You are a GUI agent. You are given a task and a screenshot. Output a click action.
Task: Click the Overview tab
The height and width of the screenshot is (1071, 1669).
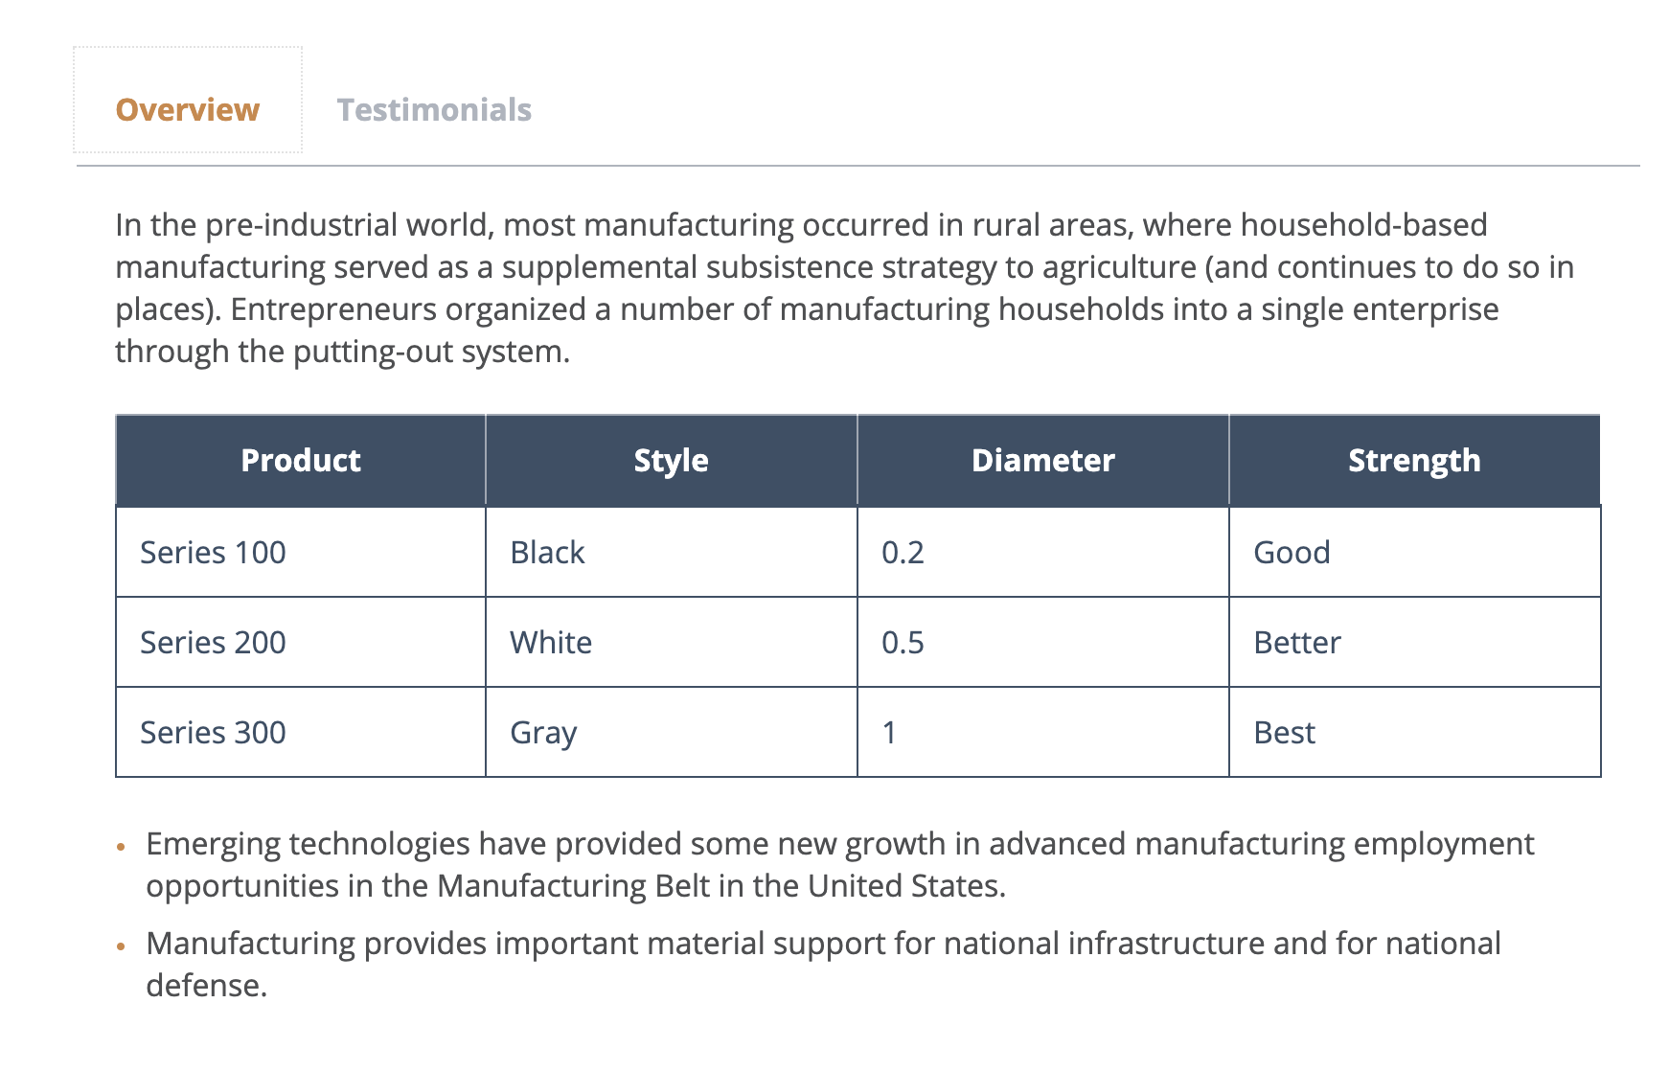(x=188, y=109)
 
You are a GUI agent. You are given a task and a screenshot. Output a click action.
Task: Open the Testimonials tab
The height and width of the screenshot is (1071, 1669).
(x=434, y=109)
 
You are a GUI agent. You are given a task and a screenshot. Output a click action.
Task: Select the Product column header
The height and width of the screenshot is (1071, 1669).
(x=301, y=461)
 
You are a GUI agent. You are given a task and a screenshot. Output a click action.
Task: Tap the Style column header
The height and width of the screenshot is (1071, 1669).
(x=672, y=461)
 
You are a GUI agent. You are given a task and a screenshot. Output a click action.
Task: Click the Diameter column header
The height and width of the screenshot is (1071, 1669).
(x=1043, y=461)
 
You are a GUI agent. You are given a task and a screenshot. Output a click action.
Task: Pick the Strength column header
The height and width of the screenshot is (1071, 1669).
(x=1415, y=461)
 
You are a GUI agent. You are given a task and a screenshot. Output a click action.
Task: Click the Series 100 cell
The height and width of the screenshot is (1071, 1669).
(x=301, y=552)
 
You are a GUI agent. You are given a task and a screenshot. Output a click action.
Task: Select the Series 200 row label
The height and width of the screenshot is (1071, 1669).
(x=213, y=642)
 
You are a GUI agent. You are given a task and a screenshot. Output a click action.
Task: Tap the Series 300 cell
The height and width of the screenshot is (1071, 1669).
(x=301, y=732)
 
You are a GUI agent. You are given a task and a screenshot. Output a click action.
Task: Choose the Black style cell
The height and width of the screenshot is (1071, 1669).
(x=672, y=552)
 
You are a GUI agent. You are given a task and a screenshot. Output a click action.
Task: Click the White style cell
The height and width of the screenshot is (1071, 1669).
(x=672, y=642)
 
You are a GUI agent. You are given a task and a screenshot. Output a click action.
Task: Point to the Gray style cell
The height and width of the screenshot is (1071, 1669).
(x=672, y=732)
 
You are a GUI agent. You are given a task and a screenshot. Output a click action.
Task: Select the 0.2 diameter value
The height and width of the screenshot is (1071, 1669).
(x=903, y=553)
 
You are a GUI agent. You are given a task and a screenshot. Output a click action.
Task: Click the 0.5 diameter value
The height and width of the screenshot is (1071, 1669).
(x=903, y=643)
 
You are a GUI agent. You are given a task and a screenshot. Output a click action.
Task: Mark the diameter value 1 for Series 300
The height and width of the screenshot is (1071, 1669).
(x=889, y=733)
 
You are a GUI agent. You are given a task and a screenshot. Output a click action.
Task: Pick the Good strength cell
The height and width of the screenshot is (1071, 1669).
(x=1415, y=552)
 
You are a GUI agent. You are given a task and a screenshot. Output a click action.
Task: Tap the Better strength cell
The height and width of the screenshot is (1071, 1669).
(x=1415, y=642)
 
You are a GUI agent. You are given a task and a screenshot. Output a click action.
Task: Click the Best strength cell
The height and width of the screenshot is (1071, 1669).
(x=1415, y=732)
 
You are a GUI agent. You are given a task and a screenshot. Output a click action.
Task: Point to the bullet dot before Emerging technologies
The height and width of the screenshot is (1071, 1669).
(x=121, y=848)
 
